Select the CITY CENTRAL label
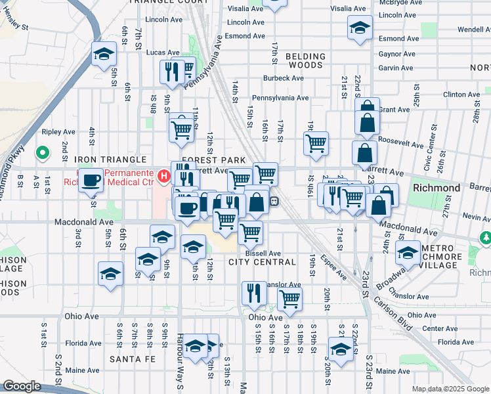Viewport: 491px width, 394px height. (x=262, y=262)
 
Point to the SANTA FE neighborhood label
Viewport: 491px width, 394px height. (x=132, y=359)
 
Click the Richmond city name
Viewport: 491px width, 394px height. (x=437, y=188)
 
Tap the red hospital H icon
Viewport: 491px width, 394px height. (x=164, y=176)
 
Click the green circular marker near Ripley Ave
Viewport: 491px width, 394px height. (x=43, y=154)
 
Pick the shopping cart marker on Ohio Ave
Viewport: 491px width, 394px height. (x=289, y=299)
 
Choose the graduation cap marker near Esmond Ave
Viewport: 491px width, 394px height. (x=359, y=29)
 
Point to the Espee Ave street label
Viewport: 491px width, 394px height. (x=335, y=269)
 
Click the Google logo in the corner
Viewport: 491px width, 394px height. (x=22, y=386)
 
